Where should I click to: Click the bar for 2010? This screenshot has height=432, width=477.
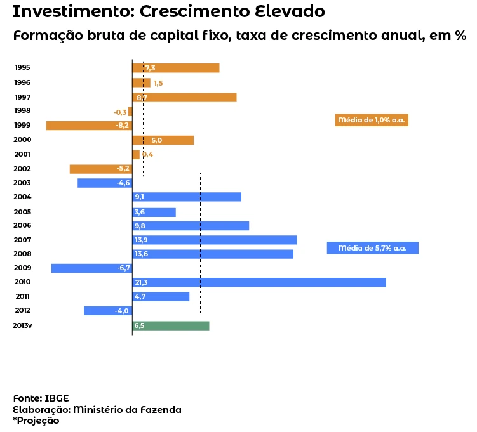tap(259, 282)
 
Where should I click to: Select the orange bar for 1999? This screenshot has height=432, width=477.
tap(88, 126)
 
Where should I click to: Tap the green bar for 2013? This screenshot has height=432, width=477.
tap(171, 325)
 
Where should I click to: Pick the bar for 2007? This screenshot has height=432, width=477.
tap(215, 240)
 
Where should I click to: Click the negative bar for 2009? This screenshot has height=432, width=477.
tap(91, 268)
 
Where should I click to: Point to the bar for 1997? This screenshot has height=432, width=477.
tap(184, 98)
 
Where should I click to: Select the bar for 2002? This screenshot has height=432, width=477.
tap(100, 169)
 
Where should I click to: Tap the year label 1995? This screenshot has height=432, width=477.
tap(22, 68)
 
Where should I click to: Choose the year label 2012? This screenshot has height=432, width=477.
tap(22, 311)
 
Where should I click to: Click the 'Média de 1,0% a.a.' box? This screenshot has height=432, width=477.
tap(372, 120)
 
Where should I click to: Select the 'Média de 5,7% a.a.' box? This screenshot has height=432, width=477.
tap(372, 248)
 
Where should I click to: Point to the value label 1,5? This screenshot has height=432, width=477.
tap(158, 83)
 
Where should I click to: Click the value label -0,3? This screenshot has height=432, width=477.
tap(120, 112)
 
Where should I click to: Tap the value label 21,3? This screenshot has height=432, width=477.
tap(141, 282)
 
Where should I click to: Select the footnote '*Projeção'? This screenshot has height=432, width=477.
tap(36, 420)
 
